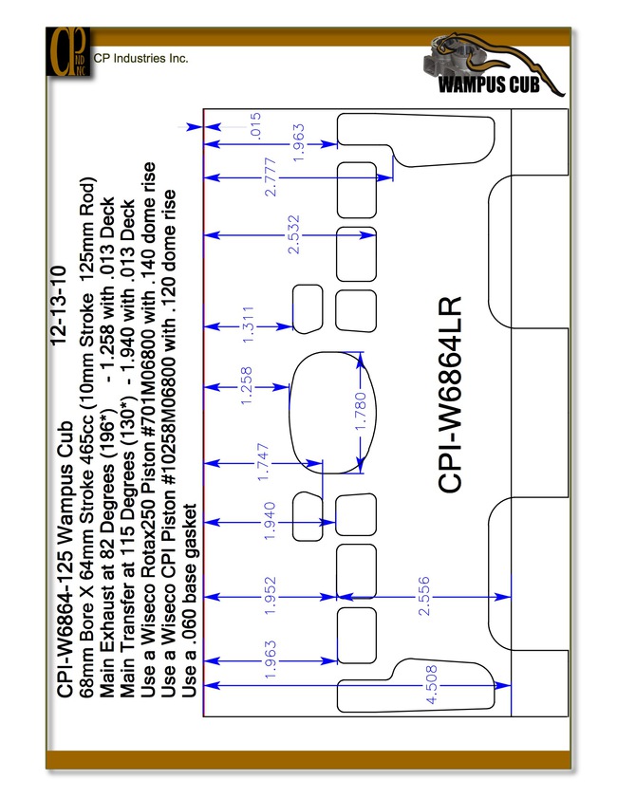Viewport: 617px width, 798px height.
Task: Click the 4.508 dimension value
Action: pos(431,684)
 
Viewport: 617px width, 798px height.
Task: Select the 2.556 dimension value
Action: pos(423,596)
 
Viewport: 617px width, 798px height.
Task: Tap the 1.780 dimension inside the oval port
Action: pos(360,411)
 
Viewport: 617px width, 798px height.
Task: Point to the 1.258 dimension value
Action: pos(246,386)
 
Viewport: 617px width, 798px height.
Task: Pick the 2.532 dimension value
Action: pos(293,234)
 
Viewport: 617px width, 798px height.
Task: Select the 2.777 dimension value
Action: pos(271,177)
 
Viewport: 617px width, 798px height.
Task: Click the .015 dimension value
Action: pos(256,125)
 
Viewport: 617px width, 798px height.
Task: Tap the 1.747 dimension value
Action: pos(263,462)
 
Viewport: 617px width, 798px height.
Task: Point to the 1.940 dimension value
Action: pos(270,521)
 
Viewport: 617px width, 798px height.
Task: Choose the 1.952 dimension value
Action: pos(270,596)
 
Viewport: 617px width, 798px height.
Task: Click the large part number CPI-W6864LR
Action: pos(450,395)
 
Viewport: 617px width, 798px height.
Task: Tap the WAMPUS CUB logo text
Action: pos(489,84)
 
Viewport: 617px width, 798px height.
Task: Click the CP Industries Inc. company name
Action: pos(141,58)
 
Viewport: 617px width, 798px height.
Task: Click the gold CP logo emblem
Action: pos(68,52)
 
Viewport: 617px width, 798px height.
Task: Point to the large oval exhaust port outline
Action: pos(290,412)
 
